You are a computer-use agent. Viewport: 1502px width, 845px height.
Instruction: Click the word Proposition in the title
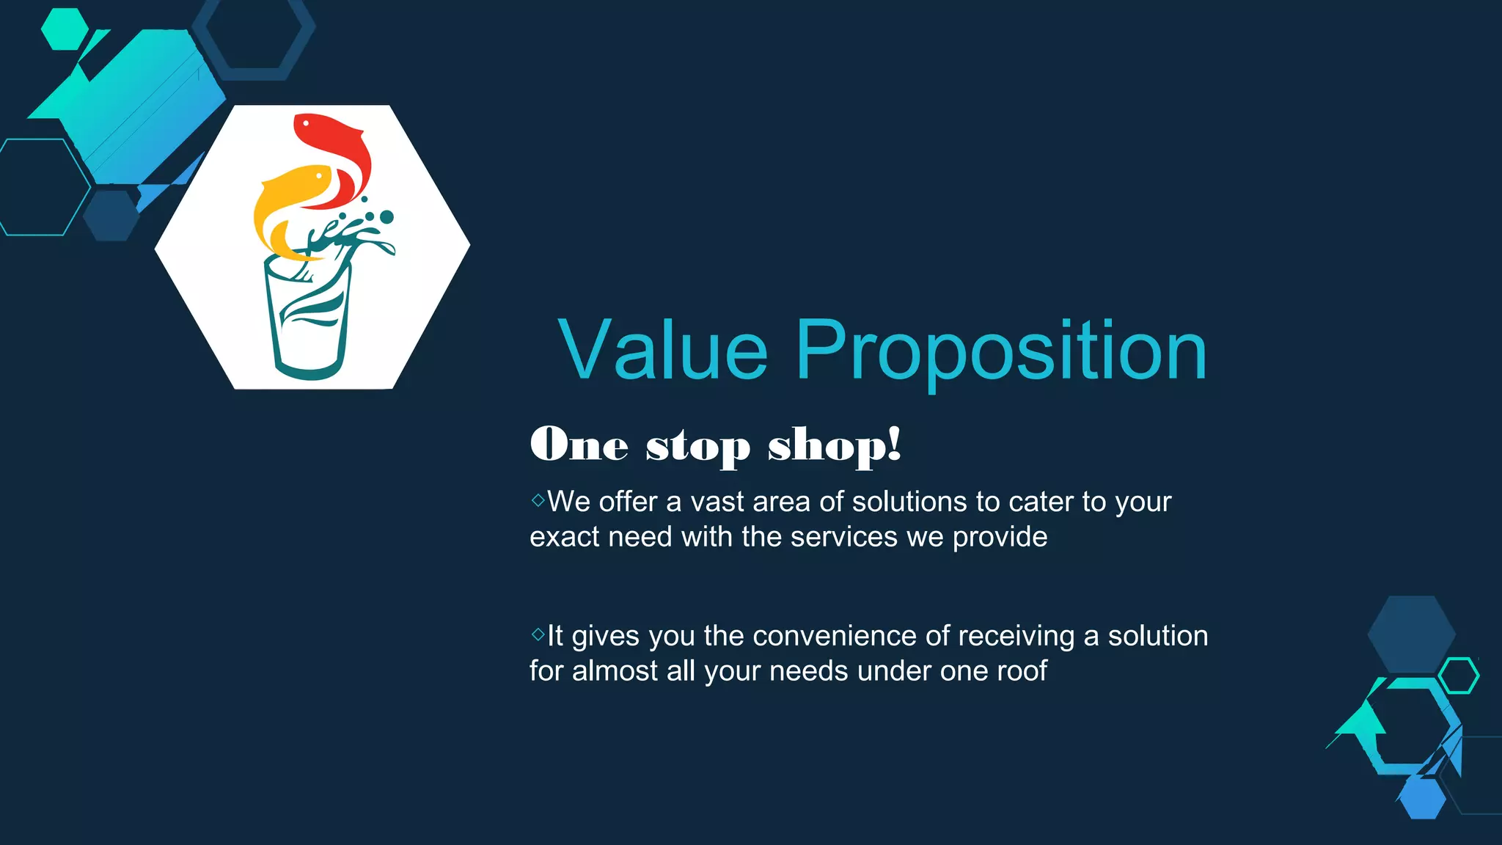click(x=1001, y=352)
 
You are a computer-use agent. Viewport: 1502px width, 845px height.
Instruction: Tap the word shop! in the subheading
click(x=834, y=445)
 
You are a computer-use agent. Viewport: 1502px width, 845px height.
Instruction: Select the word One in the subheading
click(x=579, y=445)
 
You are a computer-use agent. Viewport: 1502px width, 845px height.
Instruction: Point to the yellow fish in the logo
click(x=290, y=205)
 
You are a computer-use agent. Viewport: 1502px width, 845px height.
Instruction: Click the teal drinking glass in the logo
click(x=308, y=323)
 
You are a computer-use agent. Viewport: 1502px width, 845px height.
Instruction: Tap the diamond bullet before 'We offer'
click(x=538, y=500)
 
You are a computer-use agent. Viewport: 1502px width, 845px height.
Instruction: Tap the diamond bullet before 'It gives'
click(x=538, y=634)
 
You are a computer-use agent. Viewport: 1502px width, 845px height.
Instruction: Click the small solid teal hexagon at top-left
click(x=65, y=29)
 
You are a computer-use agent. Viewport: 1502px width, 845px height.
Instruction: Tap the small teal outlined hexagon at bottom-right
click(x=1459, y=676)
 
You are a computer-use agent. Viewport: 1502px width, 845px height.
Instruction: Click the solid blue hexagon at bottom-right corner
click(x=1423, y=798)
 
